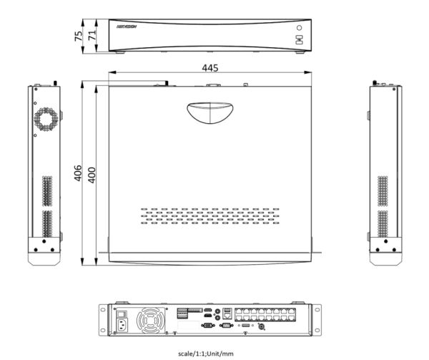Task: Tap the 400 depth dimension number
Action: click(91, 173)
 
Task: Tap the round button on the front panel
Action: click(299, 29)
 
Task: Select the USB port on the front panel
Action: click(299, 42)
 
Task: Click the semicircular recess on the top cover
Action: click(209, 112)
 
